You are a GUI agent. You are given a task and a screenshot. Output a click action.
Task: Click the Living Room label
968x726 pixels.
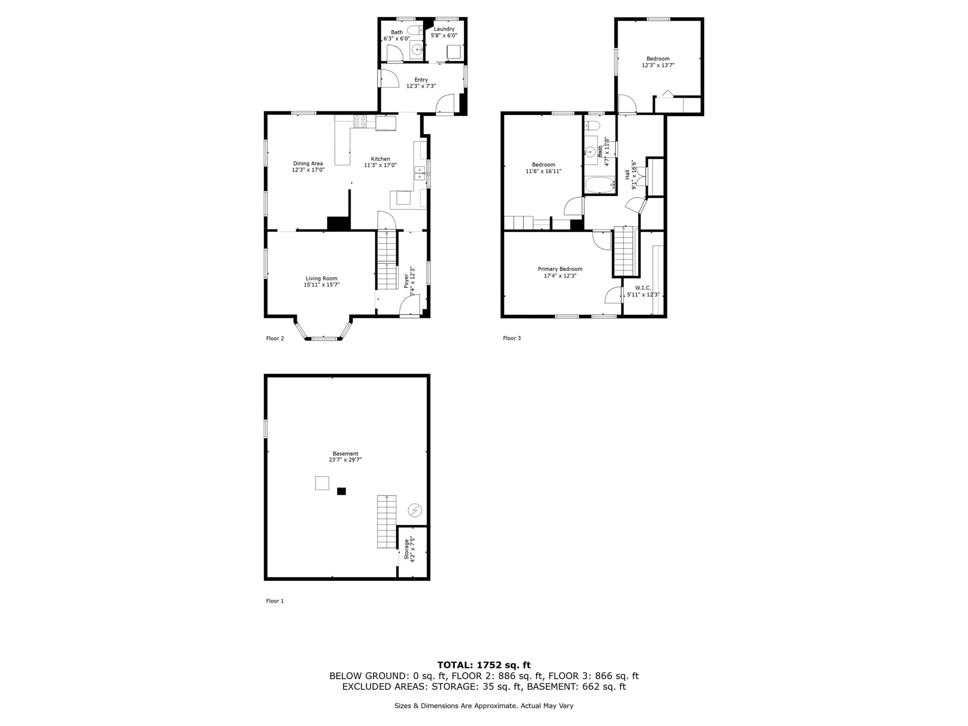(321, 278)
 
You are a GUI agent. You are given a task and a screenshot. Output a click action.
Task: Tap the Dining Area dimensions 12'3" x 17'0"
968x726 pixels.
(308, 170)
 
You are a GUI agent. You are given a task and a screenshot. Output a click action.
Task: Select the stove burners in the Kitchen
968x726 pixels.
(360, 121)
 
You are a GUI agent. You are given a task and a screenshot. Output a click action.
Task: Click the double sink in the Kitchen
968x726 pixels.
(419, 173)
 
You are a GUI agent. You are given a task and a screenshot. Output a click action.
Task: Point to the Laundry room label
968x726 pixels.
(444, 29)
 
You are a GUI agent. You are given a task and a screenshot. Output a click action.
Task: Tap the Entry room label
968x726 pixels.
(421, 80)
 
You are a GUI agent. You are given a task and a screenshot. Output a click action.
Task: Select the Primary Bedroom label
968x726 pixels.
(560, 269)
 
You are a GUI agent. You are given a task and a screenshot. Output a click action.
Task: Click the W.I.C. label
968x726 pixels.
(643, 288)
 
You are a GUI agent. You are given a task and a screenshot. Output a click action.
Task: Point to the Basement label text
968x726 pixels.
(345, 454)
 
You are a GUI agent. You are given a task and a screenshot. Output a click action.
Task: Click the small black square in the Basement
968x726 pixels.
(341, 491)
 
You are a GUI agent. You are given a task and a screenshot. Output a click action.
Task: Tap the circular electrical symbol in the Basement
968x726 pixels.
(414, 510)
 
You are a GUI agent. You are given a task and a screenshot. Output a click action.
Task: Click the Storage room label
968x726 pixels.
(406, 550)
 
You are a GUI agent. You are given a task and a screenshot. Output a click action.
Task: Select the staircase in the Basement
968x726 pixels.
(387, 522)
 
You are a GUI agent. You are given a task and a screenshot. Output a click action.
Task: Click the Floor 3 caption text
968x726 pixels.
(512, 338)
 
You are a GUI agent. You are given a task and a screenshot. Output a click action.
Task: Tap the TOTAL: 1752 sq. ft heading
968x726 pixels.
(483, 665)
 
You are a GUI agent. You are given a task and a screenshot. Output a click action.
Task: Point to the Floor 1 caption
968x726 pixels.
(275, 601)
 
